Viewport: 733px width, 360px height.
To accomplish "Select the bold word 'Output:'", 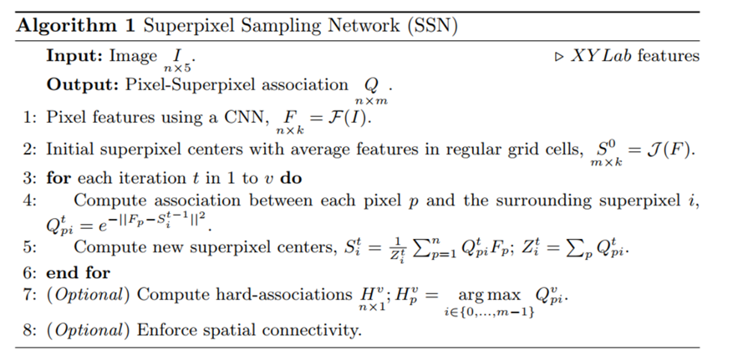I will coord(79,85).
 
